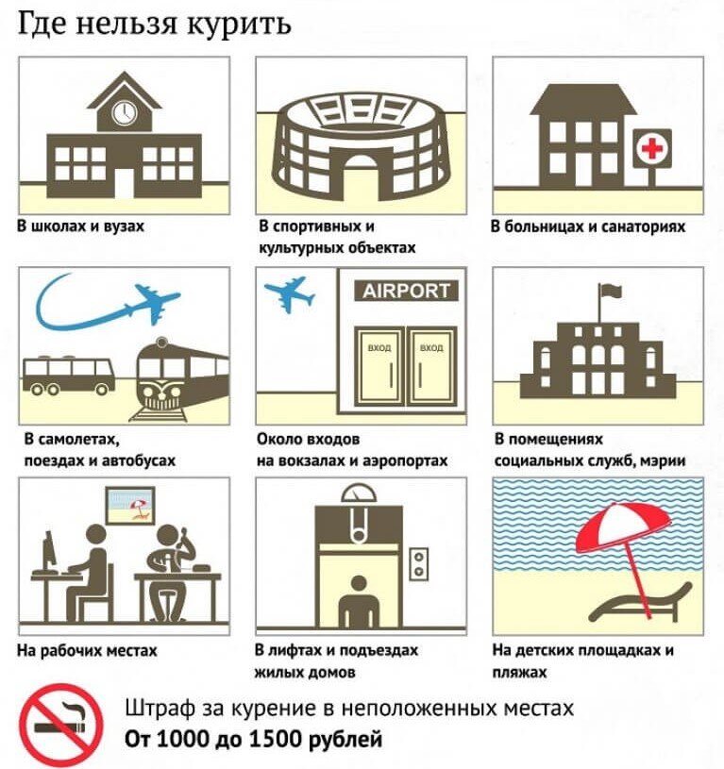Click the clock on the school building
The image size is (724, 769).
click(124, 112)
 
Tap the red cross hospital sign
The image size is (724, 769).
click(652, 148)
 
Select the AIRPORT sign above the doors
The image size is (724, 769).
click(406, 291)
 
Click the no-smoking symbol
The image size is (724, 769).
click(60, 725)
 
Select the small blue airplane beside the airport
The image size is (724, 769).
click(291, 293)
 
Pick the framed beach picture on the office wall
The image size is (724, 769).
click(130, 505)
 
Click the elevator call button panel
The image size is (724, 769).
click(419, 564)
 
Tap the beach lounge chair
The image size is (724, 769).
click(640, 603)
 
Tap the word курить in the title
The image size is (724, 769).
click(240, 25)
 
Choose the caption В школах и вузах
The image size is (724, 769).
click(81, 226)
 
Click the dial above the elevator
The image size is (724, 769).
click(359, 493)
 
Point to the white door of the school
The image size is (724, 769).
click(124, 183)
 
